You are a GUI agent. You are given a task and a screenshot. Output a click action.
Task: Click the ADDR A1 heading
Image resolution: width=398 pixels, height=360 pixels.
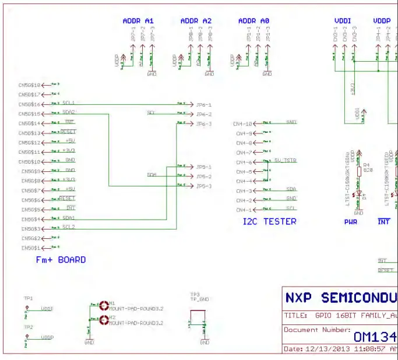(x=138, y=21)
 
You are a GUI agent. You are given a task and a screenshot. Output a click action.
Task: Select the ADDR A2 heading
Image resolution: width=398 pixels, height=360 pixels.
(x=196, y=21)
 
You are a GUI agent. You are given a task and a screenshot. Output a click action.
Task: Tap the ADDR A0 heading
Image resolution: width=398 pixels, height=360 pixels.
(x=253, y=21)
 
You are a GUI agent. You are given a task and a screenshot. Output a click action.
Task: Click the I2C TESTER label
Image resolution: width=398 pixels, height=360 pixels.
(x=269, y=221)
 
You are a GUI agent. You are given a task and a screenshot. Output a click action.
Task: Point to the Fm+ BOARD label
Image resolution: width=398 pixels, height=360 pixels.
(x=61, y=260)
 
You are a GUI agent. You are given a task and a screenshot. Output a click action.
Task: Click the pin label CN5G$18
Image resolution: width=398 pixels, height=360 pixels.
(x=29, y=85)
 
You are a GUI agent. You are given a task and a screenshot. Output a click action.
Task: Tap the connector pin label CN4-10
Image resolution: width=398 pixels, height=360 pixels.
(x=243, y=124)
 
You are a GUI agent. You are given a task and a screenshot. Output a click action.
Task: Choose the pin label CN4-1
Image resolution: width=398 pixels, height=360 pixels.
(x=244, y=210)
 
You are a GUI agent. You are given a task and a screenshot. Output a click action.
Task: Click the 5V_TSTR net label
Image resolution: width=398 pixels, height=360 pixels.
(x=286, y=160)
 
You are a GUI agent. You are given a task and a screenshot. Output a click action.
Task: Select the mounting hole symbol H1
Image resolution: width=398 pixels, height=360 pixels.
(x=104, y=303)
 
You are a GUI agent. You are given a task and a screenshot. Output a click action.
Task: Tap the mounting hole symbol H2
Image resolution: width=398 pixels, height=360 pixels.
(x=104, y=318)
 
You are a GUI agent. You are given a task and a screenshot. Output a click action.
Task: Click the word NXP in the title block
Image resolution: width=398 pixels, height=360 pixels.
(x=298, y=298)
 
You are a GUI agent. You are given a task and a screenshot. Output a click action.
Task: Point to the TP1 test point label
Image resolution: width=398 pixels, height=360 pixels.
(x=28, y=298)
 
